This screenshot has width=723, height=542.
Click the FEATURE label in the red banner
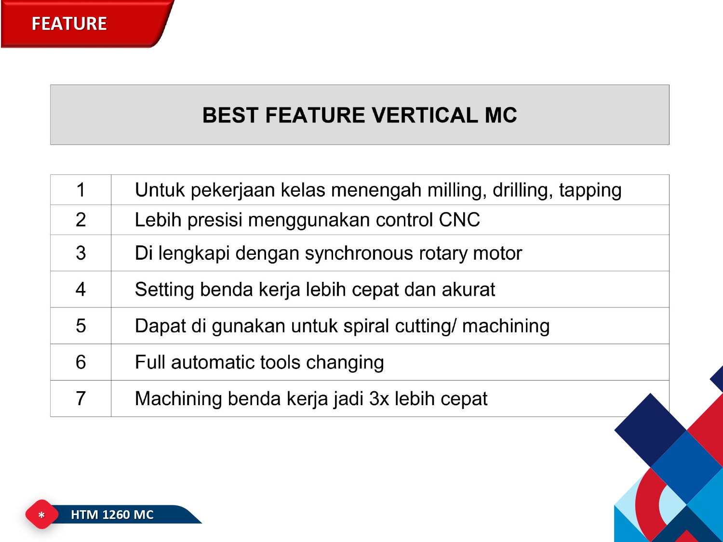coord(69,24)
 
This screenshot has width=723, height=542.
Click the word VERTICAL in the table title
coord(425,115)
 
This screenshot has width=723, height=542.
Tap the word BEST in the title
coord(230,115)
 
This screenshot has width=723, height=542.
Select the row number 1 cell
coord(80,190)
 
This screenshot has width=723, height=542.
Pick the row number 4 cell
coord(80,289)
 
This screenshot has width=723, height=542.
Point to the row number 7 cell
coord(80,398)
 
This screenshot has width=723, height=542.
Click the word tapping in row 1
coord(590,191)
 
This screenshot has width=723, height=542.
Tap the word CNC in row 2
coord(459,220)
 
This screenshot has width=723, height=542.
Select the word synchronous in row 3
coord(359,254)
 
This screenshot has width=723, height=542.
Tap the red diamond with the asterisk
coord(41,515)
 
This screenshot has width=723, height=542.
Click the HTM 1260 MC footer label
coord(112,515)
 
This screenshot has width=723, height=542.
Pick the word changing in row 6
coord(345,363)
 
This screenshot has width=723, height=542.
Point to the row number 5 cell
coord(80,326)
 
